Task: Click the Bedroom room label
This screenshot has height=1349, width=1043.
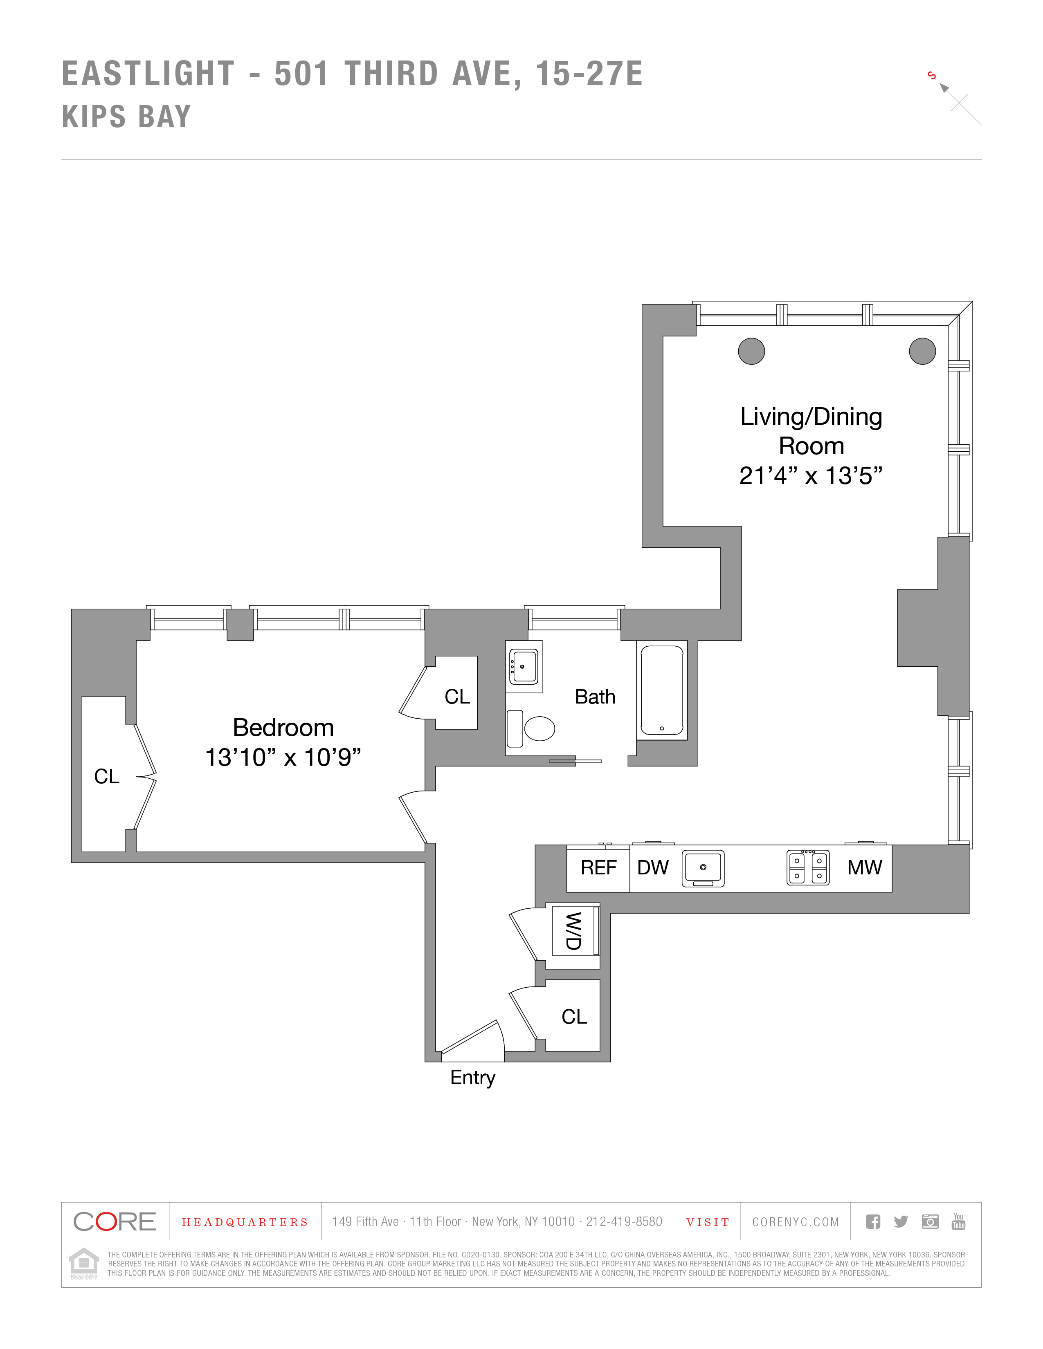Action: point(283,728)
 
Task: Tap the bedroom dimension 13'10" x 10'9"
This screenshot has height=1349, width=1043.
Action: point(283,757)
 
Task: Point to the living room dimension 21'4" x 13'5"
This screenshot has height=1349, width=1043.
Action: point(811,475)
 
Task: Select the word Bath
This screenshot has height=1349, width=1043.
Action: point(595,697)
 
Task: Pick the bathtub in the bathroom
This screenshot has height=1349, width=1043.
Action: point(662,690)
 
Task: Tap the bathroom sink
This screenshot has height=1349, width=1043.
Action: point(524,666)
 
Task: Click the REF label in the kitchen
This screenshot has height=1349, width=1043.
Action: point(598,868)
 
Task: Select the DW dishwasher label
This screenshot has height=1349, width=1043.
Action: point(652,868)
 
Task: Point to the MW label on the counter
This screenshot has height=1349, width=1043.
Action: point(864,868)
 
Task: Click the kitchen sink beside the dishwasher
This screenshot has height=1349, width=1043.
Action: point(703,868)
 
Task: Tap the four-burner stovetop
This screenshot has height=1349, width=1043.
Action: point(807,868)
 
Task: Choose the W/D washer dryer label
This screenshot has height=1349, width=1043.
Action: point(573,931)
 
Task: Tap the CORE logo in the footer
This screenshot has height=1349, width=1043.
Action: point(115,1222)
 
